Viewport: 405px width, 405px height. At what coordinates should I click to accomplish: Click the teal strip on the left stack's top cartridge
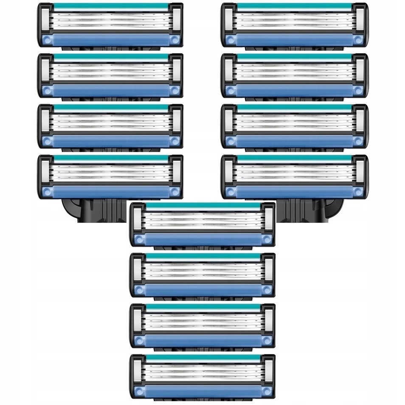(110, 6)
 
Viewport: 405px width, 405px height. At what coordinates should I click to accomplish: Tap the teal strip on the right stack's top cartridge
(294, 6)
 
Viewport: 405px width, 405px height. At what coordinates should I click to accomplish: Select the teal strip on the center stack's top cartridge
(202, 205)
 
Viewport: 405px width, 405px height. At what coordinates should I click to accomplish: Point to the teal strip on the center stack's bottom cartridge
(202, 358)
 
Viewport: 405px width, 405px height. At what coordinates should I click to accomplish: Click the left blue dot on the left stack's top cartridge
(47, 40)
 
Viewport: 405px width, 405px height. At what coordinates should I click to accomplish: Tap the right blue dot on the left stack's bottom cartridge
(174, 191)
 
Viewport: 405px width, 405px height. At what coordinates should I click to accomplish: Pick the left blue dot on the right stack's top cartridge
(231, 40)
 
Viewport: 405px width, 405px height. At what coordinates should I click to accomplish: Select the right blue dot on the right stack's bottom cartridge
(358, 191)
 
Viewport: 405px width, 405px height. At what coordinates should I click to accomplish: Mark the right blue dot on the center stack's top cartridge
(266, 239)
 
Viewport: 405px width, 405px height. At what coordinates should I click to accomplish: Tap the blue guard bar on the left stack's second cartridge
(110, 90)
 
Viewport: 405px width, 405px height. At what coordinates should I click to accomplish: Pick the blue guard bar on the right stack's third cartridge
(294, 141)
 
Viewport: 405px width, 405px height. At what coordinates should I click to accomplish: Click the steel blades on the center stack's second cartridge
(202, 270)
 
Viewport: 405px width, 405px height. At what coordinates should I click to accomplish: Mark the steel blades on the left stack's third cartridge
(110, 121)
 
